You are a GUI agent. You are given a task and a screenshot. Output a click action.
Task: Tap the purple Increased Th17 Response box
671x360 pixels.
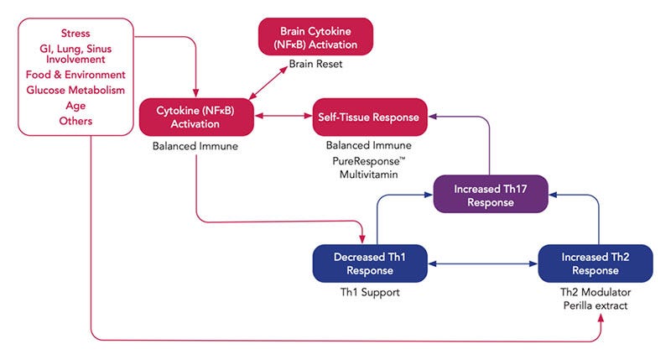pyautogui.click(x=490, y=195)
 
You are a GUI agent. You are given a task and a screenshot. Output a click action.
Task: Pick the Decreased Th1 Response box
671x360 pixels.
pyautogui.click(x=370, y=263)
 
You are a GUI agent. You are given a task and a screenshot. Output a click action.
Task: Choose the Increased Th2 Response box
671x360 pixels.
pyautogui.click(x=596, y=263)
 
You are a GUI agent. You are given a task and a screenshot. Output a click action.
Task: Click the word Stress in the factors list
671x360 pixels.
pyautogui.click(x=75, y=34)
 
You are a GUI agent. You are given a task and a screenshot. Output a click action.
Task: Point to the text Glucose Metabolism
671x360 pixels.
pyautogui.click(x=75, y=91)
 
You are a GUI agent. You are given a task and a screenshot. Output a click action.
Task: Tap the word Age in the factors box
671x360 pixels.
pyautogui.click(x=75, y=106)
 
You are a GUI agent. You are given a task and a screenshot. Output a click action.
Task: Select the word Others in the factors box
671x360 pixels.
pyautogui.click(x=75, y=122)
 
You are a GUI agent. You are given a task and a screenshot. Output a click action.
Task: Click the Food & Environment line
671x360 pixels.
pyautogui.click(x=75, y=75)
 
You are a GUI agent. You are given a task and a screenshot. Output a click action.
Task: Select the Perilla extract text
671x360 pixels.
pyautogui.click(x=596, y=305)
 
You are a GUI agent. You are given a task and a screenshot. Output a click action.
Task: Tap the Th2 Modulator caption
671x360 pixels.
pyautogui.click(x=596, y=292)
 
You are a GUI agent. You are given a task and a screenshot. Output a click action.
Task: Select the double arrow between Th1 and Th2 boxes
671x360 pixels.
pyautogui.click(x=483, y=263)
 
